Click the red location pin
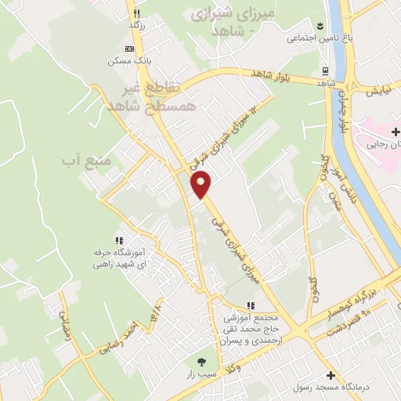[x=202, y=183]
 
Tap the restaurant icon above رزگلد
[x=136, y=13]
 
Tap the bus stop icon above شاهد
[x=323, y=71]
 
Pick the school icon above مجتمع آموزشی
[x=251, y=305]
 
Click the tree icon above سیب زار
[x=201, y=363]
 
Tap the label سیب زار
[x=201, y=376]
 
